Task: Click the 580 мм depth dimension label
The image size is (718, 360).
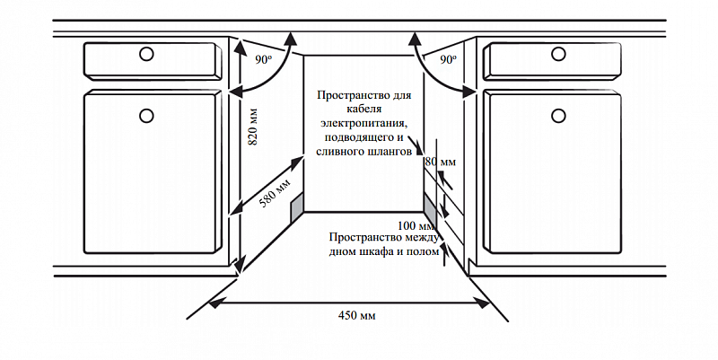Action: coord(276,193)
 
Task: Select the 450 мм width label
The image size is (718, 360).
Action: coord(357,317)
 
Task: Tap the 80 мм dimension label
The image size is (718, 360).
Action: coord(440,162)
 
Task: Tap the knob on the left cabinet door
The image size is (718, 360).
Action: coord(146,115)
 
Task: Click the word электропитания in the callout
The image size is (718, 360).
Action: coord(358,123)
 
